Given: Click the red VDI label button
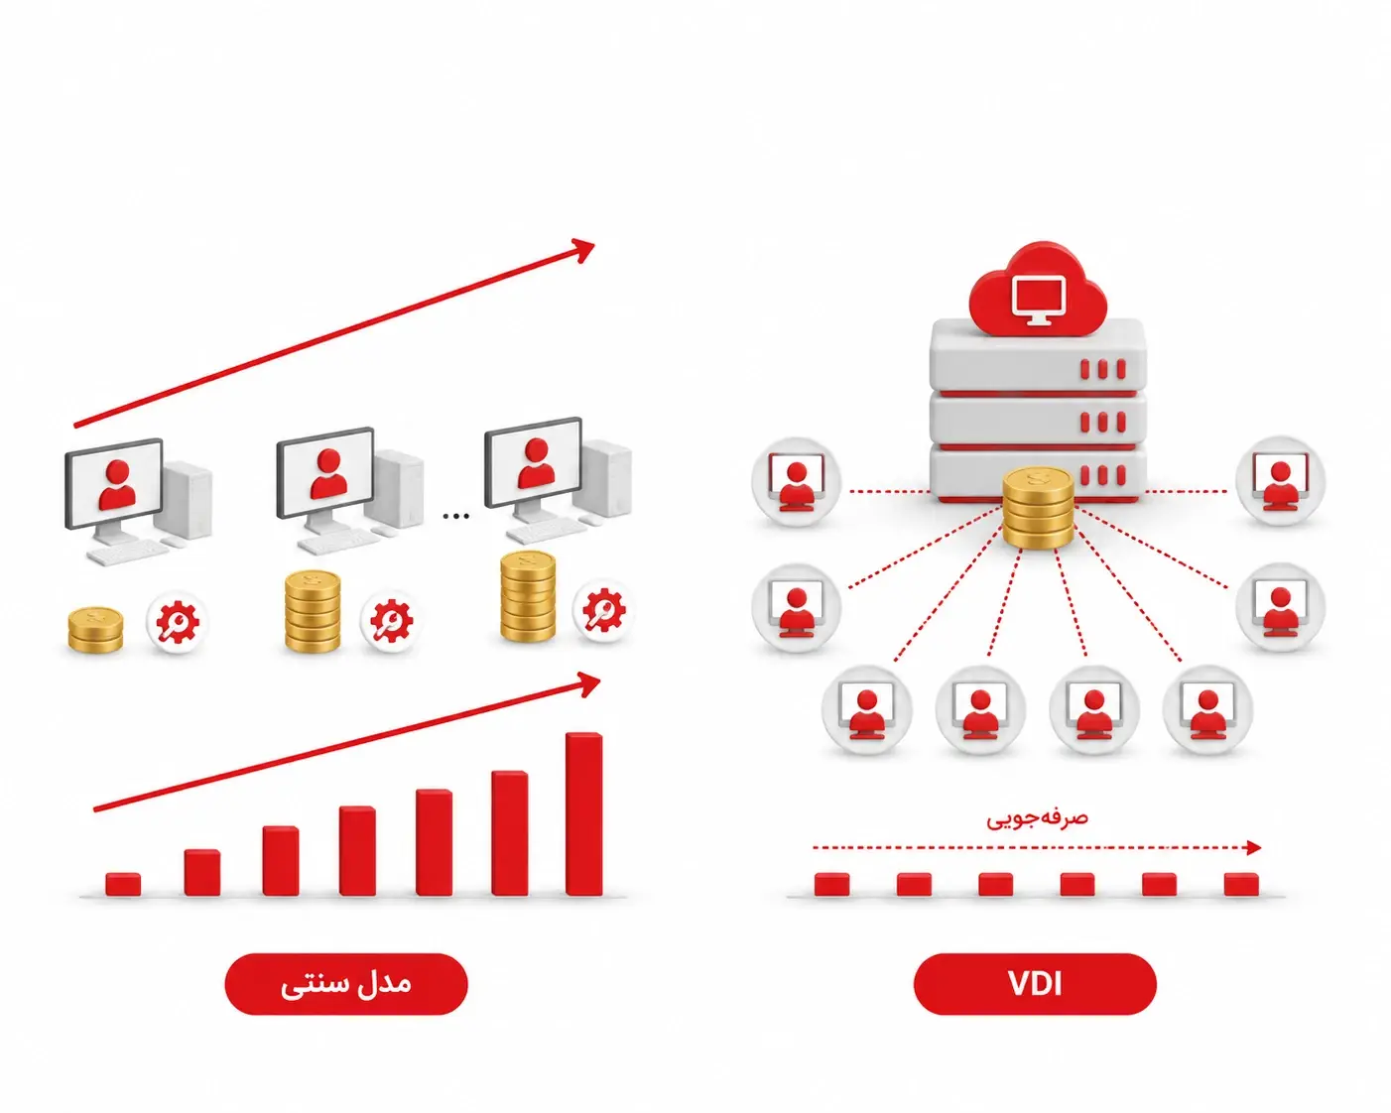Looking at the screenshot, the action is (1034, 984).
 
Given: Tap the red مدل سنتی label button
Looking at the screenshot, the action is (346, 984).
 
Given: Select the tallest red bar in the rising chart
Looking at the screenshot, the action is (583, 813).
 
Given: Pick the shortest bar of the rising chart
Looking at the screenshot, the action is (123, 884).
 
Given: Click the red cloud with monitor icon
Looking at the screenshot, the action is (1038, 289).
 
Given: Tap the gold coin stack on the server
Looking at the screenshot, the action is (1038, 509).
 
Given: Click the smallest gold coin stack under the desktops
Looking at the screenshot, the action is (95, 630).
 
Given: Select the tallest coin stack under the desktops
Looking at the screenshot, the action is (528, 596).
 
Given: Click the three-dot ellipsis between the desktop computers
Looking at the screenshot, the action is (455, 516).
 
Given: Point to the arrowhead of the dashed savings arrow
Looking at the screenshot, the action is (1254, 847).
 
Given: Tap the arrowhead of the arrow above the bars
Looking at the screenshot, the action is (589, 684).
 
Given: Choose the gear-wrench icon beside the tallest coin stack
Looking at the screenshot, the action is (603, 611).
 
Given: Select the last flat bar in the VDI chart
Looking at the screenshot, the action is (1241, 884).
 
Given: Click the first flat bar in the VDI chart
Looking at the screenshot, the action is (831, 884).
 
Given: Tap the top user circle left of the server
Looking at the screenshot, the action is (797, 481).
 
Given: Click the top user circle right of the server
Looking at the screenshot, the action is (1281, 481).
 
